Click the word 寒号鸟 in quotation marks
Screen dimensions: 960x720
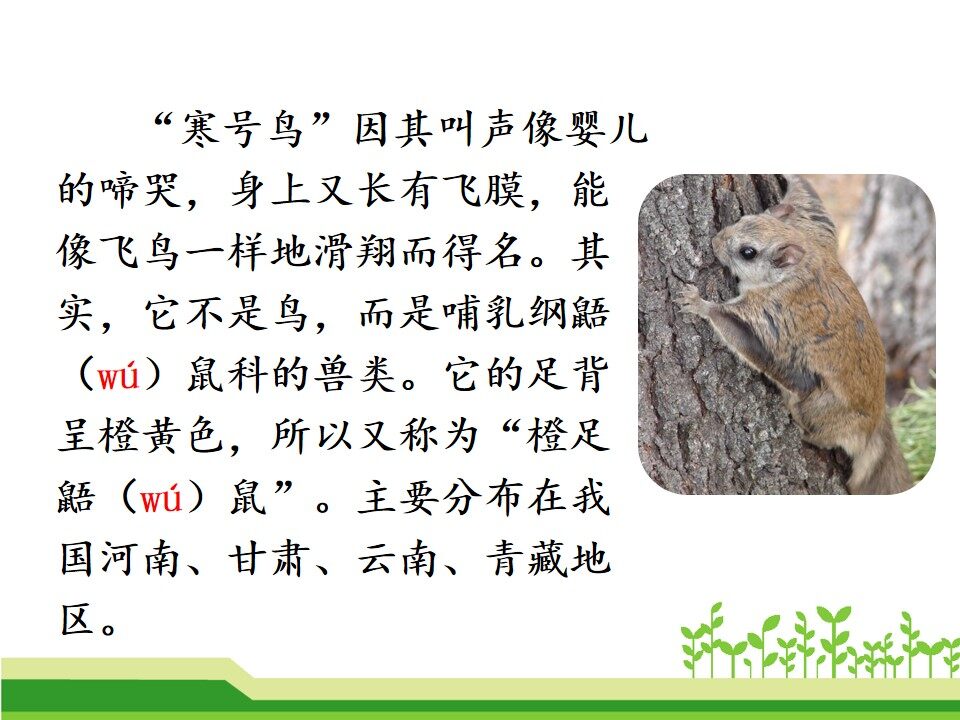point(242,129)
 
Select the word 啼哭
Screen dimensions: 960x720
point(140,190)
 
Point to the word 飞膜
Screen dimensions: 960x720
point(483,190)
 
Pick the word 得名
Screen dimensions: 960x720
point(483,252)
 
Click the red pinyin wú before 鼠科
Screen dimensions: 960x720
point(118,375)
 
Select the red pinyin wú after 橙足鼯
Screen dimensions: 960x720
point(161,497)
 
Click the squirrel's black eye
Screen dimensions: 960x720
point(748,252)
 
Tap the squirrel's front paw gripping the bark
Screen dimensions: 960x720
point(691,299)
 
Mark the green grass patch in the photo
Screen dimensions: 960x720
point(915,429)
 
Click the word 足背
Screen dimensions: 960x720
point(568,374)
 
